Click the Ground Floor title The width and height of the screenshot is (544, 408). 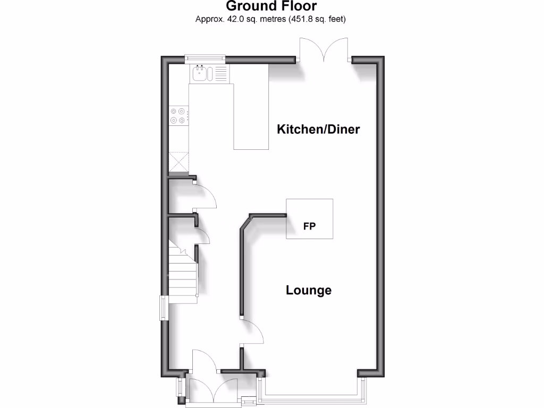(x=271, y=6)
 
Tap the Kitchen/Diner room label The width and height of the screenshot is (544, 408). (x=318, y=129)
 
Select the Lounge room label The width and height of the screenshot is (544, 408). (x=309, y=290)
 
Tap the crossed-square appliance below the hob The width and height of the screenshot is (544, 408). (x=178, y=161)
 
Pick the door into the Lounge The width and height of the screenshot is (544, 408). (x=253, y=333)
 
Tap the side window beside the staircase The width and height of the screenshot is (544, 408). (x=164, y=308)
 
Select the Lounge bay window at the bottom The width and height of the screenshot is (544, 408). (x=311, y=395)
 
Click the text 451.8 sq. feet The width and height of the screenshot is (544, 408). (x=318, y=20)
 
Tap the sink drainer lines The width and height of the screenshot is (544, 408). (x=220, y=73)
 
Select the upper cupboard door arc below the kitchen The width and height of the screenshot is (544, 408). (x=206, y=197)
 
